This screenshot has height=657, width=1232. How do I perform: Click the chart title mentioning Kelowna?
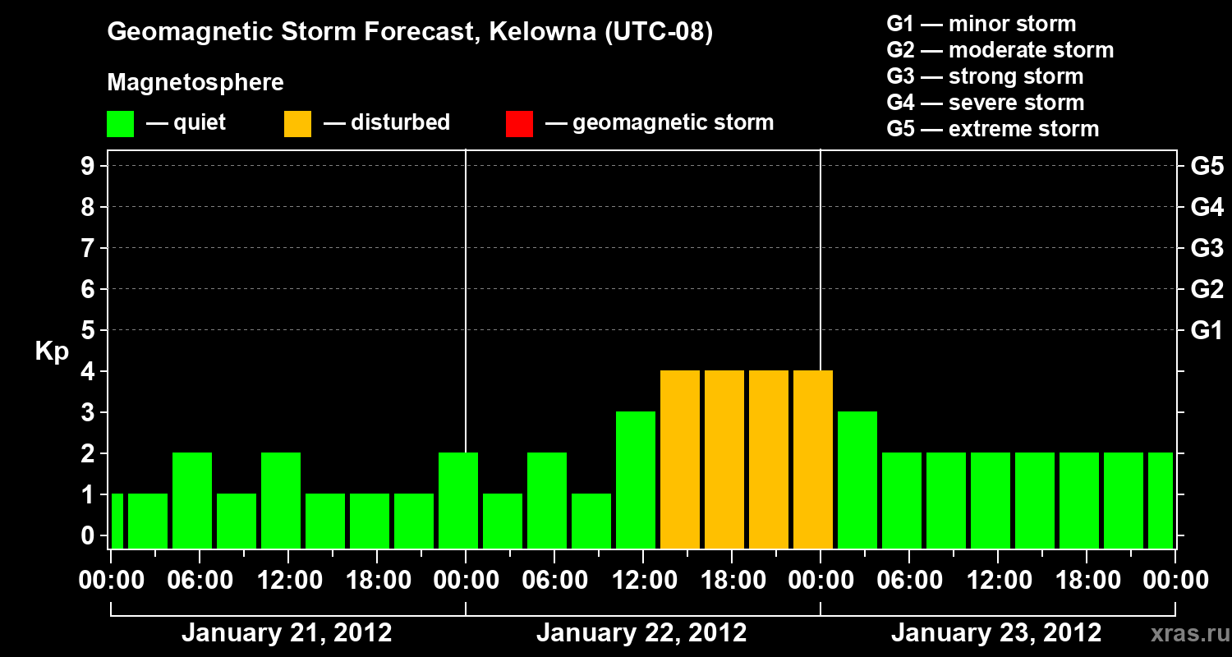point(410,32)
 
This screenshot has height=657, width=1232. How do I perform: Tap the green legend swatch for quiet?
point(120,124)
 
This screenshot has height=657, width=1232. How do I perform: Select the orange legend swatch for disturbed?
point(297,124)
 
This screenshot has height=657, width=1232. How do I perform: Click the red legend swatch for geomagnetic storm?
point(519,124)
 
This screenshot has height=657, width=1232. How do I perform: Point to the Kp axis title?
point(52,351)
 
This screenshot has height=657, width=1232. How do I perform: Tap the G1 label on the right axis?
point(1207,331)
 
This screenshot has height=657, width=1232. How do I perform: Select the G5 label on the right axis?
point(1207,167)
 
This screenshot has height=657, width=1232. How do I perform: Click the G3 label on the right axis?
point(1207,249)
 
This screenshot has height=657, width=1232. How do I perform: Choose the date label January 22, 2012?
point(641,633)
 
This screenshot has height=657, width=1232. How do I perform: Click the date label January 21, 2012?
point(287,633)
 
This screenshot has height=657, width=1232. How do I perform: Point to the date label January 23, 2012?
point(996,633)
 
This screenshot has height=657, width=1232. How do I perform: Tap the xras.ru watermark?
point(1187,634)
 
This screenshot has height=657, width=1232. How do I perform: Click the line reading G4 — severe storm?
point(985,103)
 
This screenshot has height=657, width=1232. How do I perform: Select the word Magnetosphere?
point(195,83)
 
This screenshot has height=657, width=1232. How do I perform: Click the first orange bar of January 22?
point(680,460)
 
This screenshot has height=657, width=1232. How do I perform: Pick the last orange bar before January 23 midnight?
point(813,460)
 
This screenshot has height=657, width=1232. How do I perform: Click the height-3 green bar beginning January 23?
point(857,480)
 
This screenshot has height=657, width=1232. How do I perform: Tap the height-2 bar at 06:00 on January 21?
point(192,501)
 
